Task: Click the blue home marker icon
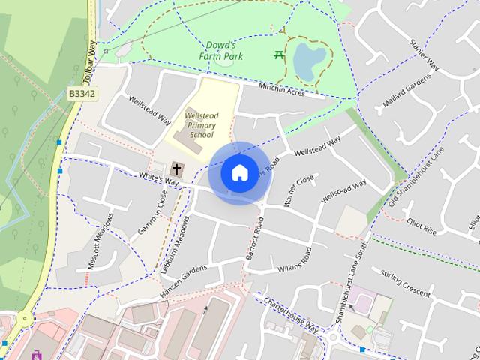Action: [239, 173]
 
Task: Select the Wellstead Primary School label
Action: [201, 125]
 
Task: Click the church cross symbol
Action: [178, 169]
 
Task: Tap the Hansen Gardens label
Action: [183, 281]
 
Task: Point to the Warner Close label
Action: [298, 191]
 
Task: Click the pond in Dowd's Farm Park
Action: [309, 61]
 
